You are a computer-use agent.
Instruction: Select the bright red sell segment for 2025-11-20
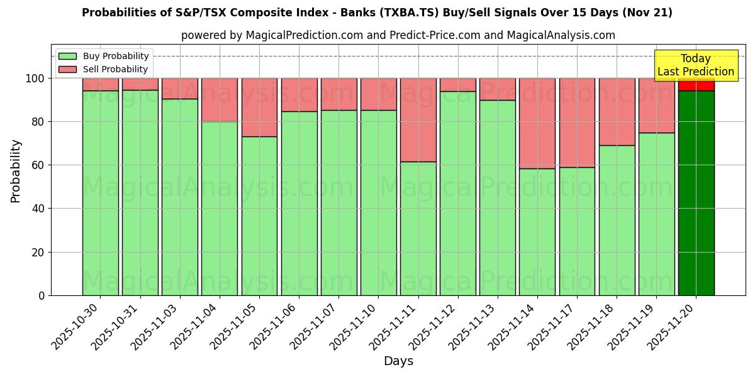tap(696, 84)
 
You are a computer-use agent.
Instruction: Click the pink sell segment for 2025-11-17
tap(577, 123)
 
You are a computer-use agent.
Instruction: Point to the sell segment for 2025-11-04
tap(220, 100)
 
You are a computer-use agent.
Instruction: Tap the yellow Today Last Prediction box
tap(696, 65)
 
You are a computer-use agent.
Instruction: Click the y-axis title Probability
tap(16, 171)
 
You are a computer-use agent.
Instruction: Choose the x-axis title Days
tap(398, 361)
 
